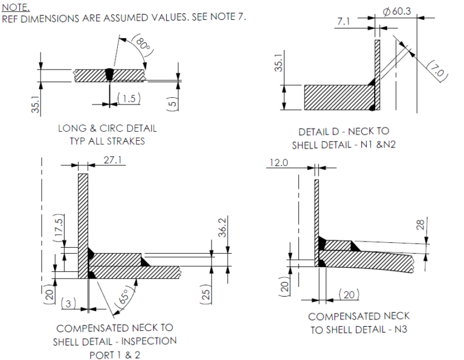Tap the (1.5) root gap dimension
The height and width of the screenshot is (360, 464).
126,98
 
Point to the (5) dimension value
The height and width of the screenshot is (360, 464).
172,103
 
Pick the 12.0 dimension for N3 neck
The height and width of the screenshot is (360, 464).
279,163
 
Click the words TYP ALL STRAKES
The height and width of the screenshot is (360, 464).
108,141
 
